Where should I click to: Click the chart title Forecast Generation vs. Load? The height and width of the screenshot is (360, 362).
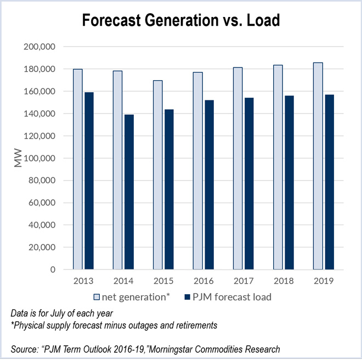pos(181,21)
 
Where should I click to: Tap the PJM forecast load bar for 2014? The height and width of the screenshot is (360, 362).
pos(129,192)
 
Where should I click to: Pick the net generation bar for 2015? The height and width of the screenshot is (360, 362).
pos(158,175)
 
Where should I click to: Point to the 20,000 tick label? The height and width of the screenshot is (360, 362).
pos(42,248)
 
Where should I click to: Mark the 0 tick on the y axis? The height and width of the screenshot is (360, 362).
pos(52,270)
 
